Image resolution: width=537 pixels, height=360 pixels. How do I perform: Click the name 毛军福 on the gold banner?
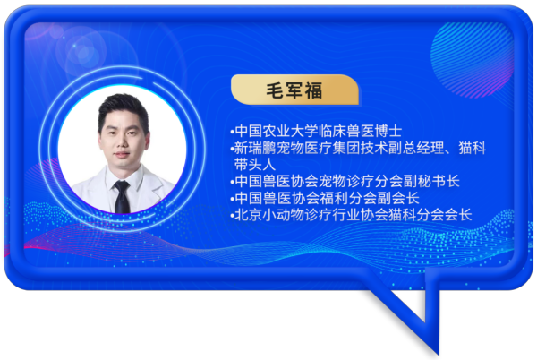click(294, 90)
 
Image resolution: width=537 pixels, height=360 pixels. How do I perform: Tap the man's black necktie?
click(122, 197)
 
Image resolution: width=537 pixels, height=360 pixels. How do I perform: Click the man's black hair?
click(123, 109)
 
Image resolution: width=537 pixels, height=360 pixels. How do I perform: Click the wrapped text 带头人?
click(255, 165)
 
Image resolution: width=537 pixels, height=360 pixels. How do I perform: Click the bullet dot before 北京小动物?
click(232, 216)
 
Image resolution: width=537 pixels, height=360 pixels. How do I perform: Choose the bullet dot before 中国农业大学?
click(232, 132)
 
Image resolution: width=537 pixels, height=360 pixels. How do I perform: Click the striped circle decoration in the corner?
click(473, 59)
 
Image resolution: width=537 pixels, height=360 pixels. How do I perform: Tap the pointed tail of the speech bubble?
click(437, 351)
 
